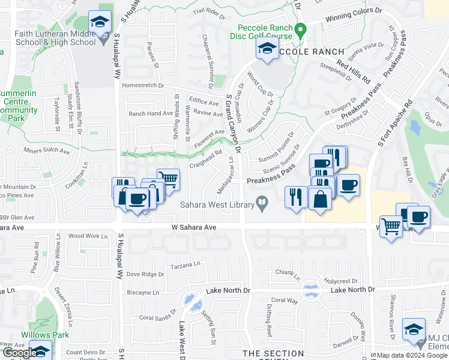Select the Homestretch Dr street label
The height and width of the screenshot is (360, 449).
coord(143,85)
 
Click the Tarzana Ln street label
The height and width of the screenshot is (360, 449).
coord(184,265)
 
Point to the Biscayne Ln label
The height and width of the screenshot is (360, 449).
coord(143,293)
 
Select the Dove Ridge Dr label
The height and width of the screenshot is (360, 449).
coord(145,274)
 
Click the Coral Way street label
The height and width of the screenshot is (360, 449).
coord(285,300)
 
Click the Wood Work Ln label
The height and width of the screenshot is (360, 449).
coord(87,236)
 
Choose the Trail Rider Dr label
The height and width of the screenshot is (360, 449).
coord(208,10)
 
